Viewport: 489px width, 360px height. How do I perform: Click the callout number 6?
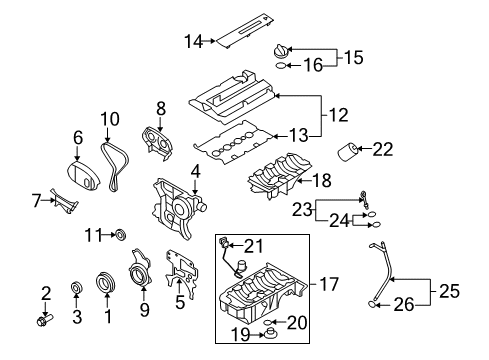76,137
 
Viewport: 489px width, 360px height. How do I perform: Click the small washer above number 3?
76,290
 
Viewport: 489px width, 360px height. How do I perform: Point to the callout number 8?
159,107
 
